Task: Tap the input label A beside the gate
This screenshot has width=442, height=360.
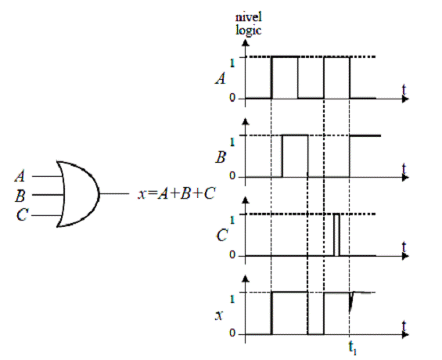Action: click(20, 176)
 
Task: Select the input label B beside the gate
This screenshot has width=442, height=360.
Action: click(20, 196)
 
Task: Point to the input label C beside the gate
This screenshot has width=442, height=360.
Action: click(22, 214)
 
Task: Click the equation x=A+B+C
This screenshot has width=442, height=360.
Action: click(177, 193)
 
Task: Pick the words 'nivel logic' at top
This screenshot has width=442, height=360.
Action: click(248, 23)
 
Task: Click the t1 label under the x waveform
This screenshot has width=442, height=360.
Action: click(352, 347)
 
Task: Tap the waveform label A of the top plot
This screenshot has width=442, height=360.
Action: click(221, 78)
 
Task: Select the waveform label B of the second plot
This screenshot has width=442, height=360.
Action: click(221, 157)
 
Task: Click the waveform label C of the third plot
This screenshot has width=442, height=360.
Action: click(222, 235)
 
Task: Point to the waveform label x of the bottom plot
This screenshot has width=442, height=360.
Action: click(219, 315)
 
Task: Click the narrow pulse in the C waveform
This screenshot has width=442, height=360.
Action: click(336, 235)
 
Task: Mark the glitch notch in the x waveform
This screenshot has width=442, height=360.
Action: click(351, 301)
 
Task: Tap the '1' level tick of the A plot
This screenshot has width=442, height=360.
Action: click(232, 63)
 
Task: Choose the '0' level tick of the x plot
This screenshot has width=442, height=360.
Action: click(232, 333)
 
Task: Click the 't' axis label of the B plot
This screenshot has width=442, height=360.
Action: click(404, 168)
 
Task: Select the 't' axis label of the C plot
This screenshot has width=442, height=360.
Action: click(404, 247)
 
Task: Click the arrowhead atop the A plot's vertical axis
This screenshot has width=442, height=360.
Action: click(246, 43)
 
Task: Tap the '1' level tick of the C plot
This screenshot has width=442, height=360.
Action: click(232, 220)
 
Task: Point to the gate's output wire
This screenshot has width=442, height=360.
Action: click(114, 194)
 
